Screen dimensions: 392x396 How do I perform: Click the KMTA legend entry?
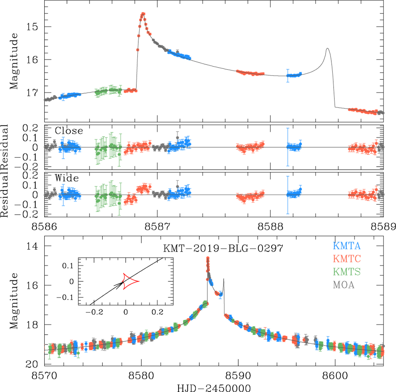pos(346,246)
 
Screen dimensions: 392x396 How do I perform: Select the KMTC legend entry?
pos(346,259)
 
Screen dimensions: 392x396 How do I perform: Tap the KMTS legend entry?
pos(346,272)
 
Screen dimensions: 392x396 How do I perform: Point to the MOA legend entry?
pos(344,285)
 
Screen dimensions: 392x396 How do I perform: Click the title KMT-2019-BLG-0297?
pos(223,248)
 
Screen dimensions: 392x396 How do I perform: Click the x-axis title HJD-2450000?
pos(214,388)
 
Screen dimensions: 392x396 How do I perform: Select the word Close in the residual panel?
pos(69,131)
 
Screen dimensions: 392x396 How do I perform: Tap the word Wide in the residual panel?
pos(66,178)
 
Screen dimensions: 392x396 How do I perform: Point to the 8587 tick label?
pos(157,227)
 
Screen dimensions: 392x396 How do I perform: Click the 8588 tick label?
pos(270,227)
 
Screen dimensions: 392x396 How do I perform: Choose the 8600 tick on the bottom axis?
pos(335,376)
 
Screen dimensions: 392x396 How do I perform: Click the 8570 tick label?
pos(45,376)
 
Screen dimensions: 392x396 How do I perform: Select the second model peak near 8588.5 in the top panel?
pos(327,49)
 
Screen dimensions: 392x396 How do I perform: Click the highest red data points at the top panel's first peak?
pos(143,14)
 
